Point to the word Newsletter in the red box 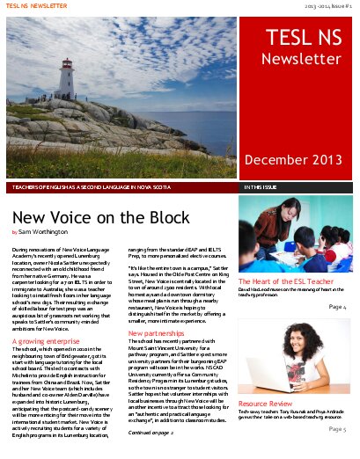[296, 59]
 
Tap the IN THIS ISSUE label [264, 187]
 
